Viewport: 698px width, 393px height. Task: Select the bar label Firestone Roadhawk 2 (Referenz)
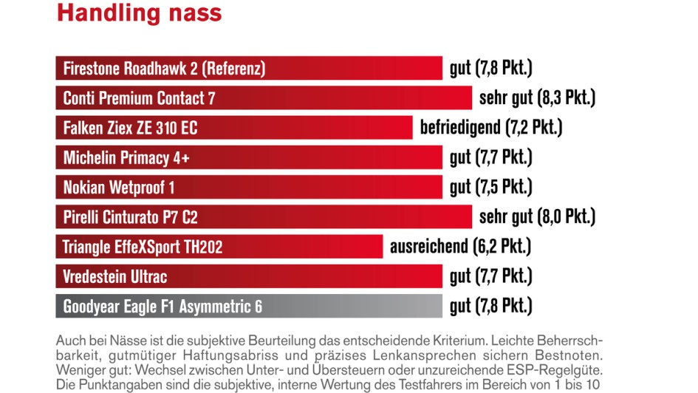click(164, 69)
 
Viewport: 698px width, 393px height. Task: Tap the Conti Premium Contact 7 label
click(139, 98)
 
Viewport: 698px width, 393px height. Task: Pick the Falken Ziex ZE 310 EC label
click(130, 128)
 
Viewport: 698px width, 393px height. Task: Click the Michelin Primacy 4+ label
click(126, 157)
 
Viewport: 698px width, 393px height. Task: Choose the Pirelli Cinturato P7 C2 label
click(130, 216)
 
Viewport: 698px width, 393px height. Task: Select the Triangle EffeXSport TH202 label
click(143, 246)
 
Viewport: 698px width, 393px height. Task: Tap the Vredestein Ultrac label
click(115, 276)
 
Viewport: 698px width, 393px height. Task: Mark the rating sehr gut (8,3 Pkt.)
click(537, 98)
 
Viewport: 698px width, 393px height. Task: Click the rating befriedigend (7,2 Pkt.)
click(491, 128)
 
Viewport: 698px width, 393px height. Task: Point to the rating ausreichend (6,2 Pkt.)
click(460, 246)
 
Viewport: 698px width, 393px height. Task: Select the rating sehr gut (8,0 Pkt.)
click(537, 216)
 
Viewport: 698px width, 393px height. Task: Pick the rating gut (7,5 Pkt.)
click(490, 187)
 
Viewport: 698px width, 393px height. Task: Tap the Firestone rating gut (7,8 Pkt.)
click(490, 69)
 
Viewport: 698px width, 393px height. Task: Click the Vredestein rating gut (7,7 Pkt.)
click(490, 276)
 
